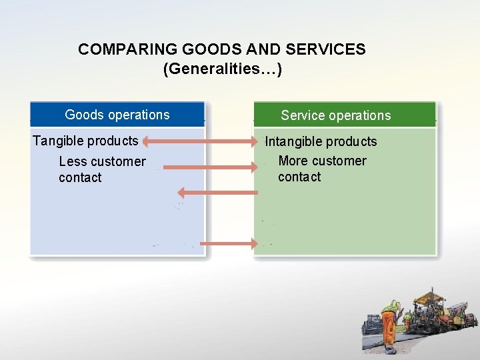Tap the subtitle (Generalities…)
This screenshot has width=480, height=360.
(x=222, y=69)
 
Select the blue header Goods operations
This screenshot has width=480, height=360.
(x=117, y=115)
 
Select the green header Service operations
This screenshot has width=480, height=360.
(x=336, y=115)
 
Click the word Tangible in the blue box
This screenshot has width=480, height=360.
(x=58, y=141)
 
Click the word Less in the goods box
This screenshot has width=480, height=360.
(x=72, y=161)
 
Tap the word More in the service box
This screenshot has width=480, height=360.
(x=293, y=161)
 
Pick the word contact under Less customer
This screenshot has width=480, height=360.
(x=80, y=178)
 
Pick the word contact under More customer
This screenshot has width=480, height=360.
(x=299, y=177)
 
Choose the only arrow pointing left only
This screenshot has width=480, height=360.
(x=217, y=193)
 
